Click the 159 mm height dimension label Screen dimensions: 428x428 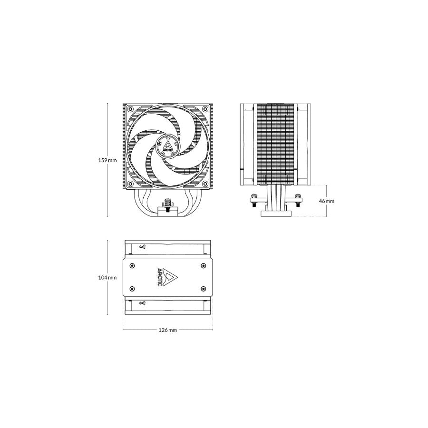107,160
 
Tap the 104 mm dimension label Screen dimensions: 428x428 107,278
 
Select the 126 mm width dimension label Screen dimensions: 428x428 167,330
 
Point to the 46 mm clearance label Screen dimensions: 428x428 326,201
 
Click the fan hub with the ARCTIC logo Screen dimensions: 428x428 167,146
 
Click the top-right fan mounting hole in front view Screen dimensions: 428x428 204,109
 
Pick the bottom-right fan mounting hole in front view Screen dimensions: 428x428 204,184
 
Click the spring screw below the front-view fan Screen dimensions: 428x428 166,205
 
